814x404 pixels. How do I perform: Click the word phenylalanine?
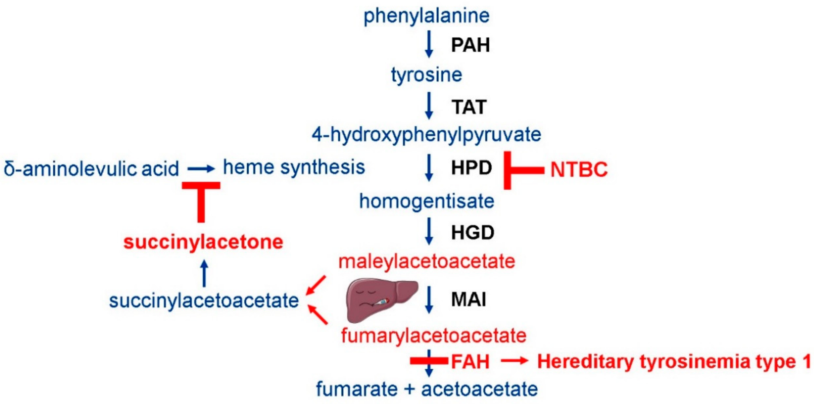coord(426,16)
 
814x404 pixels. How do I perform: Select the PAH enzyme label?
coord(470,45)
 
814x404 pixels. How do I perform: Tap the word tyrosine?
coord(426,75)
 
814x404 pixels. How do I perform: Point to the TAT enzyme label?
coord(469,107)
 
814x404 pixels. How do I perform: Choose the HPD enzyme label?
coord(471,168)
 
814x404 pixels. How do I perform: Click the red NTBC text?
coord(579,170)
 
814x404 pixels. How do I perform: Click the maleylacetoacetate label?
coord(427,262)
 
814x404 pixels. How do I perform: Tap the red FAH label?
coord(470,361)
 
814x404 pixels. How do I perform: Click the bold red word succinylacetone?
coord(203,242)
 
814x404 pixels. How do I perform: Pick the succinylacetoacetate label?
coord(204,300)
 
